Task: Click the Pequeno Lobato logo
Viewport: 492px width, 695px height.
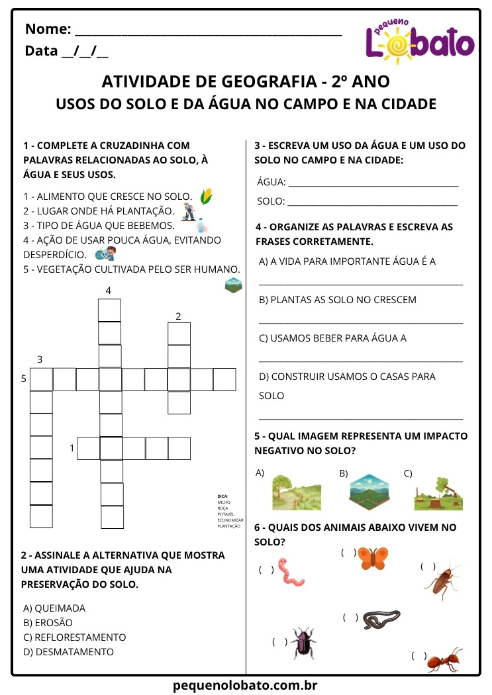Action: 420,41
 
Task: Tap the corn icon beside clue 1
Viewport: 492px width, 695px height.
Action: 207,196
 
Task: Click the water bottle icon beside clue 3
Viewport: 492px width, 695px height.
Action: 201,226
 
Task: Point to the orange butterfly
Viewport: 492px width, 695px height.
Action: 373,558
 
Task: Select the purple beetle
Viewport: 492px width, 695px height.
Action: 304,643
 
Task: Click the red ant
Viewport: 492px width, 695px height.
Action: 443,660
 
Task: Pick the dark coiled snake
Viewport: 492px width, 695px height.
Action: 382,619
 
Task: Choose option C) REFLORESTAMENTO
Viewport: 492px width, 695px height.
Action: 74,637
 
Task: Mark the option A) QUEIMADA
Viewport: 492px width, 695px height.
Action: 54,608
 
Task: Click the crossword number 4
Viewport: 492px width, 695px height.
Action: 109,291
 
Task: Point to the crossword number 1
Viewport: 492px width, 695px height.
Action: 72,448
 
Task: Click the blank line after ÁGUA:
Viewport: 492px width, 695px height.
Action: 373,183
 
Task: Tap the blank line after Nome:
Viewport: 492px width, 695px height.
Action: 209,30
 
